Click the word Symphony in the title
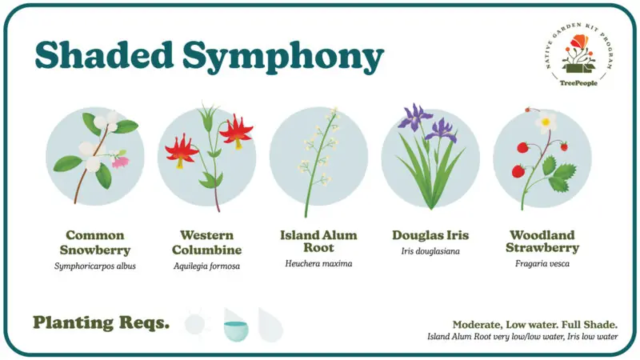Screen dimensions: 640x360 283,57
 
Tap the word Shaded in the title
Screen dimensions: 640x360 105,54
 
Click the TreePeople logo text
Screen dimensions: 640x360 578,83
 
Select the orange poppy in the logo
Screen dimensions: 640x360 579,42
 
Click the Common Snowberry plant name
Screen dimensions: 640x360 95,242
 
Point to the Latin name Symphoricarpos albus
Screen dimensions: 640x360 95,266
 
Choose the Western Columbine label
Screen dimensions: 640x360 206,242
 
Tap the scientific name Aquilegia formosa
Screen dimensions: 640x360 206,266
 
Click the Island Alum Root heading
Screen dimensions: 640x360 318,242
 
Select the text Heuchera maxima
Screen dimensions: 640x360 318,264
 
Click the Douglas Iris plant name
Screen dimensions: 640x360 430,235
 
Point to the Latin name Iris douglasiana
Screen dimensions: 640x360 430,251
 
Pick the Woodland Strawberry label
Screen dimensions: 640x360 542,242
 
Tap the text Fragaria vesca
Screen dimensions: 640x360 542,264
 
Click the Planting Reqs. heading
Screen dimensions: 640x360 102,323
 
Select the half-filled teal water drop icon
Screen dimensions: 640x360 236,326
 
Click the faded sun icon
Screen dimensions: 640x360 196,324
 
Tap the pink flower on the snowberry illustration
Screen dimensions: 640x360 121,162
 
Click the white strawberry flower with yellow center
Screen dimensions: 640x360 546,122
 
